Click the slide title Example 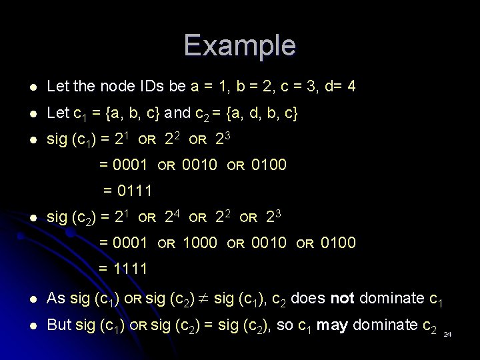(239, 45)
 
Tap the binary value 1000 (199, 243)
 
